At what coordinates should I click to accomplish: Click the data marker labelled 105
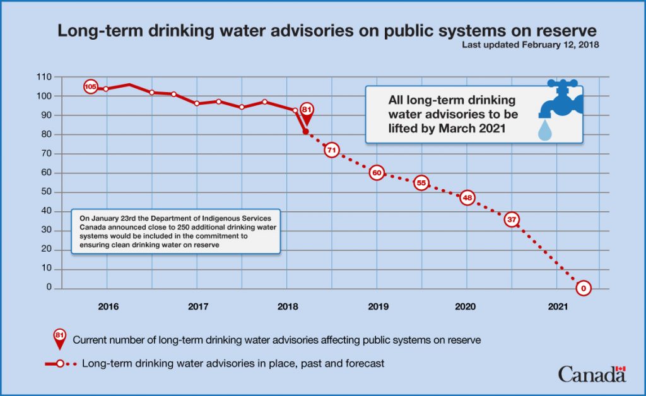point(90,86)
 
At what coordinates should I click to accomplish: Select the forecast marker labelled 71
point(332,150)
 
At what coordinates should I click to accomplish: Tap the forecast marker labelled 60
point(377,173)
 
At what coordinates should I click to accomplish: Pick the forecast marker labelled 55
point(422,183)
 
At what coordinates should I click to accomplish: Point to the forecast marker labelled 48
point(467,197)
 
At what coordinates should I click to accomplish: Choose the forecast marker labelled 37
point(512,219)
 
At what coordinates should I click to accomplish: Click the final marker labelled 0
point(584,288)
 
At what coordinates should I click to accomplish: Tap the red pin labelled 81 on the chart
point(307,110)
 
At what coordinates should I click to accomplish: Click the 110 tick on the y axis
point(44,77)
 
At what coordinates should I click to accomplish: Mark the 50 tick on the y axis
point(46,192)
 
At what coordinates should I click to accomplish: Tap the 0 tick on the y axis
point(49,288)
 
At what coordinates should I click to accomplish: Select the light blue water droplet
point(544,130)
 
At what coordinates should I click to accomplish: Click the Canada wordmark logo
point(591,374)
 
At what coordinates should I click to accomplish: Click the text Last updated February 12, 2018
point(530,45)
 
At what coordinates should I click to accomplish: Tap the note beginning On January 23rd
point(175,231)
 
